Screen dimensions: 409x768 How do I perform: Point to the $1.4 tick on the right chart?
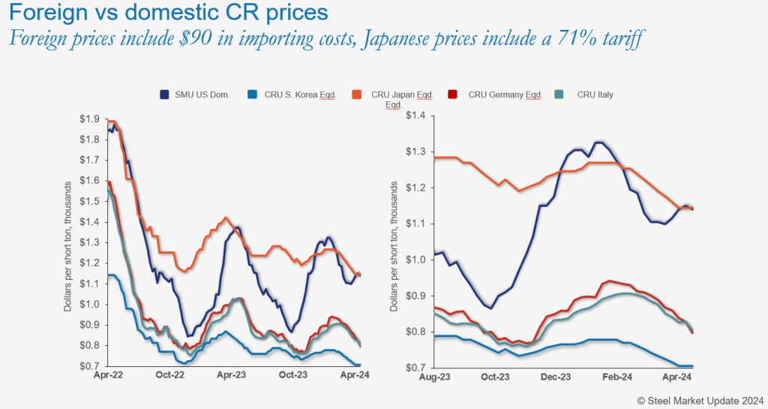(x=415, y=116)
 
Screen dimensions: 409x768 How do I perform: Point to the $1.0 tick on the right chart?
(x=415, y=260)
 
